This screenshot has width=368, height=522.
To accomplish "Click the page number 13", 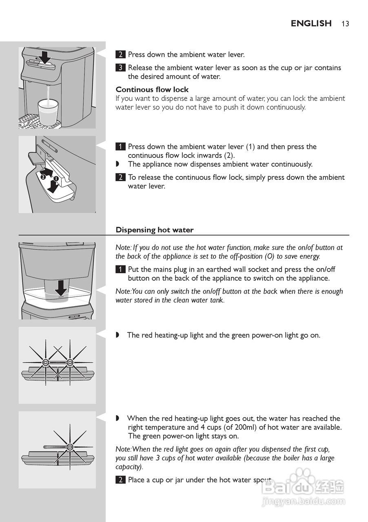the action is pyautogui.click(x=346, y=24).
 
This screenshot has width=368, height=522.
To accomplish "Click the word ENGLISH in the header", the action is pyautogui.click(x=311, y=23).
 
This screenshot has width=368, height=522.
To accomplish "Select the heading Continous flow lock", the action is pyautogui.click(x=152, y=89).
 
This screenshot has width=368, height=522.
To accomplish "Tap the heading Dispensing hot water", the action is pyautogui.click(x=155, y=230).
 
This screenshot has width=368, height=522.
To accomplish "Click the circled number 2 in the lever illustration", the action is pyautogui.click(x=43, y=177).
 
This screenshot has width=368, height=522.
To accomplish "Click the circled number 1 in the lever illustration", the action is pyautogui.click(x=56, y=179).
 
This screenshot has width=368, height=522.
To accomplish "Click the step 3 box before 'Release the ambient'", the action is pyautogui.click(x=120, y=68).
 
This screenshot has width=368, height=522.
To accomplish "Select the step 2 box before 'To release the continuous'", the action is pyautogui.click(x=120, y=177).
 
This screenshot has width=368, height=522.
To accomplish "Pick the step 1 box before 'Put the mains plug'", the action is pyautogui.click(x=120, y=270).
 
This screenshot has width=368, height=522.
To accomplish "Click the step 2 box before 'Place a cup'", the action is pyautogui.click(x=120, y=480).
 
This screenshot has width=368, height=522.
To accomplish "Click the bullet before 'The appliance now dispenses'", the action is pyautogui.click(x=117, y=164).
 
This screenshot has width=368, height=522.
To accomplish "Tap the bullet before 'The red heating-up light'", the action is pyautogui.click(x=117, y=335).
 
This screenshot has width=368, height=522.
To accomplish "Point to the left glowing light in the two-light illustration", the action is pyautogui.click(x=46, y=363).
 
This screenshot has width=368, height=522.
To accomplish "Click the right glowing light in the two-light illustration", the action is pyautogui.click(x=70, y=363).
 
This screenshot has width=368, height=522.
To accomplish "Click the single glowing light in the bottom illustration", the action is pyautogui.click(x=70, y=447).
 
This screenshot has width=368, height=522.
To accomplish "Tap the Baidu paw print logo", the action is pyautogui.click(x=299, y=476).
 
